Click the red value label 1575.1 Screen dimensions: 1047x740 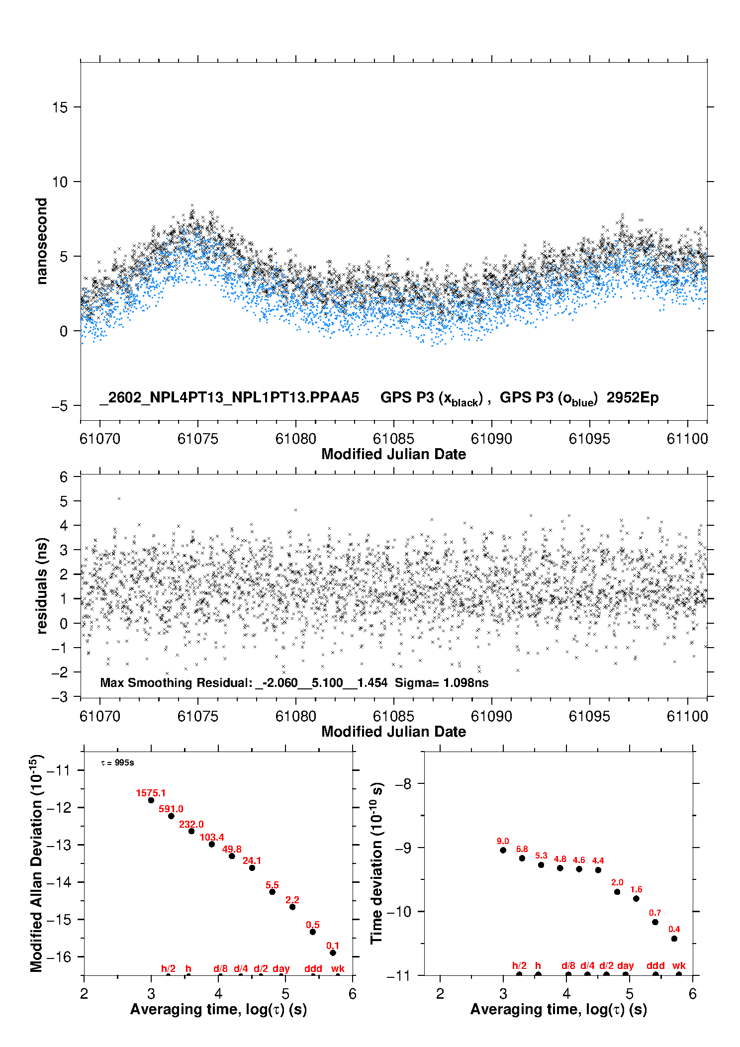[x=151, y=793]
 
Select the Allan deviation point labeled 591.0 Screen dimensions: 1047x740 [x=171, y=816]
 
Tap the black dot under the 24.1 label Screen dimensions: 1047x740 [x=252, y=868]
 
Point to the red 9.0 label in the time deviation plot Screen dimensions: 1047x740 [x=503, y=841]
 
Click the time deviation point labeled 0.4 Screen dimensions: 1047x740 [x=674, y=939]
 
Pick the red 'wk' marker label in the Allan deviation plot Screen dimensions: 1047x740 [x=338, y=968]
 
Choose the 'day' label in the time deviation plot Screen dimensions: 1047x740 [x=626, y=965]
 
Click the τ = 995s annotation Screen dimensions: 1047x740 [x=117, y=762]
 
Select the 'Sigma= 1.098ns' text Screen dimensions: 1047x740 [x=442, y=682]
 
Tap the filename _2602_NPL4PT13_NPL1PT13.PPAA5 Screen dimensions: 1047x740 [x=229, y=397]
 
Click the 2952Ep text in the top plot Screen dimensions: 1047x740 [x=633, y=397]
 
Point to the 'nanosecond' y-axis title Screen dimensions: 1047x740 [x=42, y=241]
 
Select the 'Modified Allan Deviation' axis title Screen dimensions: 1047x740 [x=36, y=863]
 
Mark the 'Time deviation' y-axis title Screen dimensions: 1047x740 [x=377, y=863]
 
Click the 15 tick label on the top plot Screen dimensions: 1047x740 [x=60, y=107]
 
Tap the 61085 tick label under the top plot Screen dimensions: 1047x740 [x=393, y=439]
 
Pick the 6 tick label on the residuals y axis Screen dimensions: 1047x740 [x=64, y=477]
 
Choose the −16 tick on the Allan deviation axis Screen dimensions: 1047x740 [x=59, y=956]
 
